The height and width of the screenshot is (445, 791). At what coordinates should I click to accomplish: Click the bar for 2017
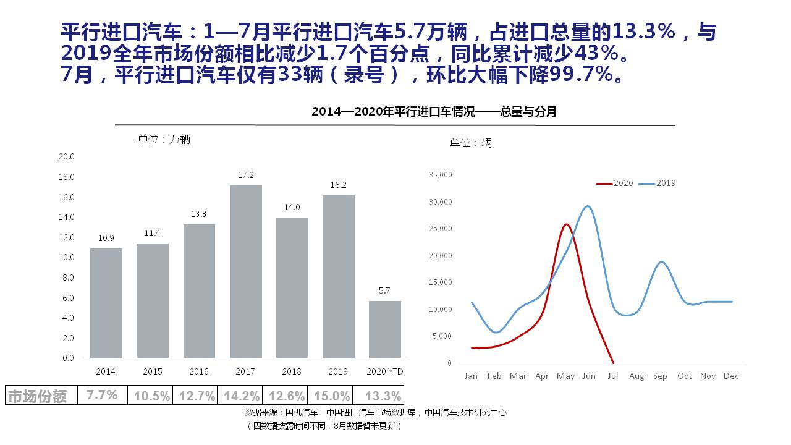click(x=245, y=271)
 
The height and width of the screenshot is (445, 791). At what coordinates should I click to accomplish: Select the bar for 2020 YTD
click(x=384, y=329)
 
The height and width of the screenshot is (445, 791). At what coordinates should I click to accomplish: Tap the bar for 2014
click(x=106, y=303)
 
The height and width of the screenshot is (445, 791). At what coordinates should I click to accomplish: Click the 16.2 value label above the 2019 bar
click(x=338, y=185)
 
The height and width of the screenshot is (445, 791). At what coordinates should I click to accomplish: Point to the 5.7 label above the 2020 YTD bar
click(x=384, y=290)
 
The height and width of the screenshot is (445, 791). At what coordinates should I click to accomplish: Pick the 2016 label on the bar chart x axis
click(x=199, y=371)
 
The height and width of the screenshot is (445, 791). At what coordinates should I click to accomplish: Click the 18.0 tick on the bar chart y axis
click(x=66, y=177)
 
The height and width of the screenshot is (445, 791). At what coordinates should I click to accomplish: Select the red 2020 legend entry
click(x=615, y=184)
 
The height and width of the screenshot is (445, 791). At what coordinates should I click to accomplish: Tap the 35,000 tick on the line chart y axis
click(x=441, y=175)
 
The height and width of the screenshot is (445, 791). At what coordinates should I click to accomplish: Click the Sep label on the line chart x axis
click(x=660, y=376)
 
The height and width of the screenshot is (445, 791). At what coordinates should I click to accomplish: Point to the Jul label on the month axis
click(x=612, y=376)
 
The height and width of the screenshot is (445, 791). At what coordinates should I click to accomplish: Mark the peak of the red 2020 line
click(x=566, y=224)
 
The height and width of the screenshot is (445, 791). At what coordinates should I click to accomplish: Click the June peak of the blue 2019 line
click(x=588, y=206)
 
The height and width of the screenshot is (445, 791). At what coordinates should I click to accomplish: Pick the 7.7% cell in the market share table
click(x=102, y=396)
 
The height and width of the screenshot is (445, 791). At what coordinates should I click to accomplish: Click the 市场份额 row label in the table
click(x=37, y=396)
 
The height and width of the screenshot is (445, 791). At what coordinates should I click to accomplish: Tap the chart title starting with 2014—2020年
click(x=434, y=112)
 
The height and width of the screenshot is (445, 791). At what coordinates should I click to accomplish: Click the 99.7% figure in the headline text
click(x=580, y=75)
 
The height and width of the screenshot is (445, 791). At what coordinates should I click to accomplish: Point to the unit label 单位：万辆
click(x=164, y=140)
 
